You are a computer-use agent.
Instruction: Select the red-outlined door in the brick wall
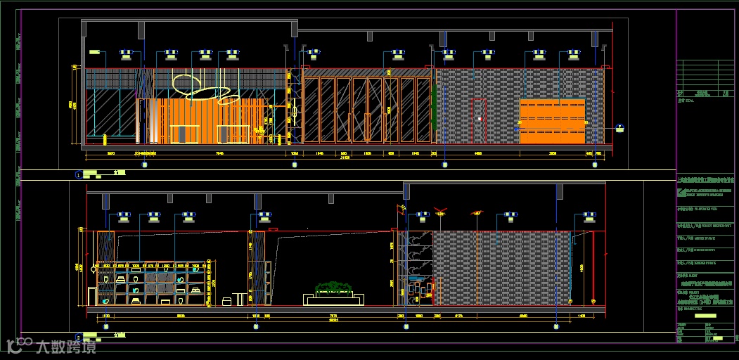(479, 121)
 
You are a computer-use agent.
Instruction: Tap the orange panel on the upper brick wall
(553, 122)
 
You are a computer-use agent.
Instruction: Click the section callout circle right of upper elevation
(619, 128)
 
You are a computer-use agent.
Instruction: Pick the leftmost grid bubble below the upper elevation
(145, 165)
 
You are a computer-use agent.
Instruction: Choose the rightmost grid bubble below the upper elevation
(595, 165)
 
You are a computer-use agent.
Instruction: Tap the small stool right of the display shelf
(226, 301)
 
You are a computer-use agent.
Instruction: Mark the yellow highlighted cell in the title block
(705, 316)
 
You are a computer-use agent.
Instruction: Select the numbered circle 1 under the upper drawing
(78, 174)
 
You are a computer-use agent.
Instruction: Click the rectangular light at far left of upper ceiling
(95, 51)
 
